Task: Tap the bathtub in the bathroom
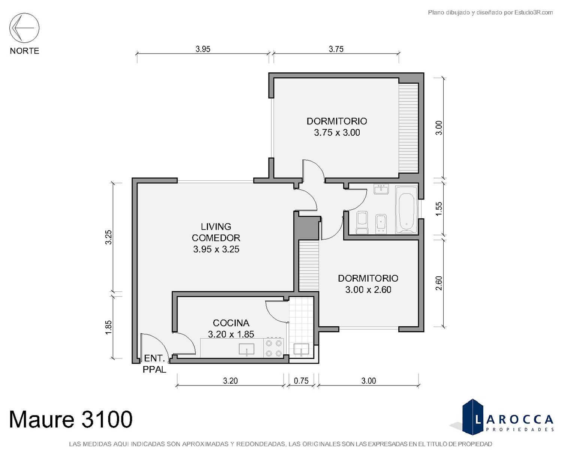[x=407, y=209]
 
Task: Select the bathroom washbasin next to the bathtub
[x=381, y=189]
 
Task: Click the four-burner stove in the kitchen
[x=274, y=348]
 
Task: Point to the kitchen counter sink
[x=247, y=349]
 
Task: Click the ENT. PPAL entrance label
[x=154, y=364]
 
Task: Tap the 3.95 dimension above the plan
[x=203, y=49]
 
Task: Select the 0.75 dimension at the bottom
[x=301, y=381]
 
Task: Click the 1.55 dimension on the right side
[x=439, y=209]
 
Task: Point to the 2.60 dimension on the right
[x=439, y=283]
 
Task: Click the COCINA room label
[x=231, y=323]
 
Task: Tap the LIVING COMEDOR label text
[x=216, y=232]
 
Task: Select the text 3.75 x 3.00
[x=337, y=133]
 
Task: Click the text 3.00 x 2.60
[x=368, y=290]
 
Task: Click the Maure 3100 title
[x=71, y=419]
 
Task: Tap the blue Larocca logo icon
[x=473, y=417]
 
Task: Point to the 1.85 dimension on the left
[x=109, y=327]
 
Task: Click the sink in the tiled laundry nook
[x=301, y=349]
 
